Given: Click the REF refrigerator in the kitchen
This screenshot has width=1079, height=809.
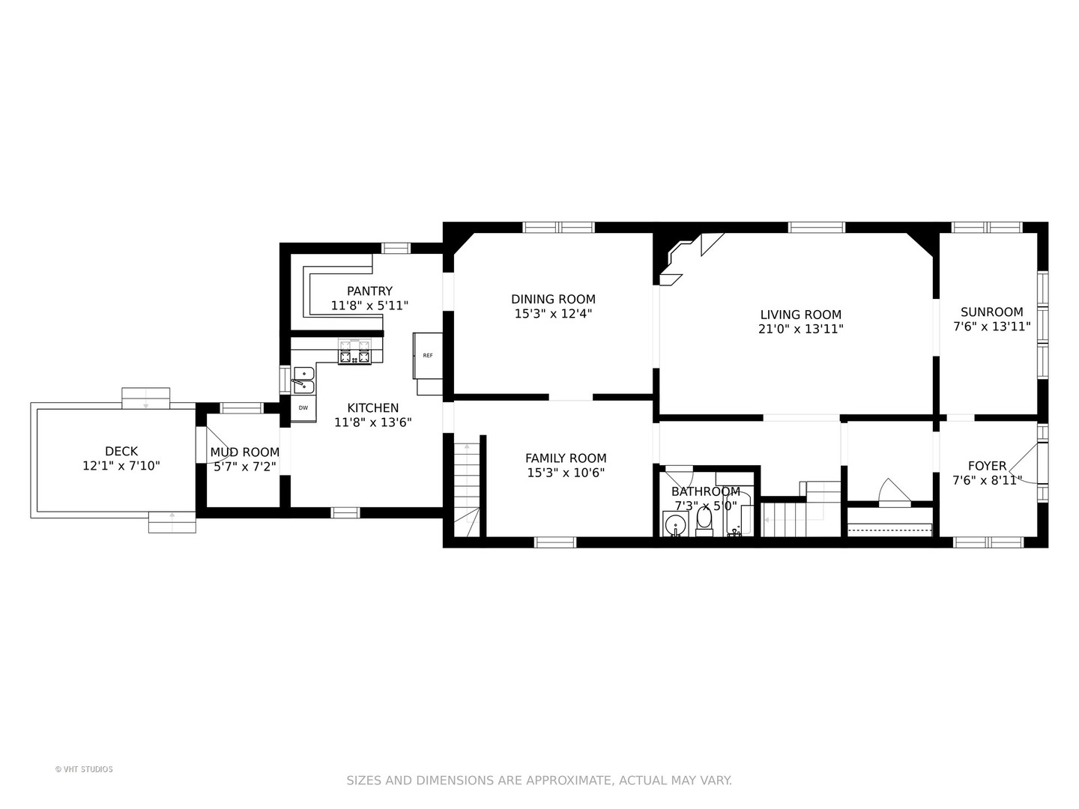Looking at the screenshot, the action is point(428,356).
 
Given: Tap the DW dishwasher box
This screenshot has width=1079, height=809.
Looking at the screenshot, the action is point(303,407).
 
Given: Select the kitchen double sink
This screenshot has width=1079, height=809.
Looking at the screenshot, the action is point(303,381).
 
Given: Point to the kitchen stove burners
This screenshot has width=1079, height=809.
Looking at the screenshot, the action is point(354,352).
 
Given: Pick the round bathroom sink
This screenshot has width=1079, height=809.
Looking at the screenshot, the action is point(675,524).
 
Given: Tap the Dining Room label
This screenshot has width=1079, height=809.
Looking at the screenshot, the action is point(553,299).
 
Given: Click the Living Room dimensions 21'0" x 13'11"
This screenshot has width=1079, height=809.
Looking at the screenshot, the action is point(801,329).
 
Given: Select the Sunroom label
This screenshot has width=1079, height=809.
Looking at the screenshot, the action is point(992,312).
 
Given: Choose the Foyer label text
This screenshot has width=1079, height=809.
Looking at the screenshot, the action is point(987,466).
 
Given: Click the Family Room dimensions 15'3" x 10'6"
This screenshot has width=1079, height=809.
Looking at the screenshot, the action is point(566,473).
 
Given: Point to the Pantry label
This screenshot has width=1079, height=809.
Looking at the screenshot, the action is point(369,291).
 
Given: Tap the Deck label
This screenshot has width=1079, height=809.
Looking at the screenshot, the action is point(121,451).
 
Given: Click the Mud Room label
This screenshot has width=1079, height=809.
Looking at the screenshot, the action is point(245,452).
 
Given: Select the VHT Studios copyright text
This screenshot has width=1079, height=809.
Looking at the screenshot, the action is point(84,769).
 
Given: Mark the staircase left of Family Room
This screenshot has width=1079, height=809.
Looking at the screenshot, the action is point(466,489).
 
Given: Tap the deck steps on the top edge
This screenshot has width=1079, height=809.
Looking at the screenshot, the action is point(146,398).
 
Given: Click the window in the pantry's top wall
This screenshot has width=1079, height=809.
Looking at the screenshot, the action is point(396,248).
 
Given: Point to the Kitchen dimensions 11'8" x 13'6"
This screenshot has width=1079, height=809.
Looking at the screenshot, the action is point(372,422).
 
